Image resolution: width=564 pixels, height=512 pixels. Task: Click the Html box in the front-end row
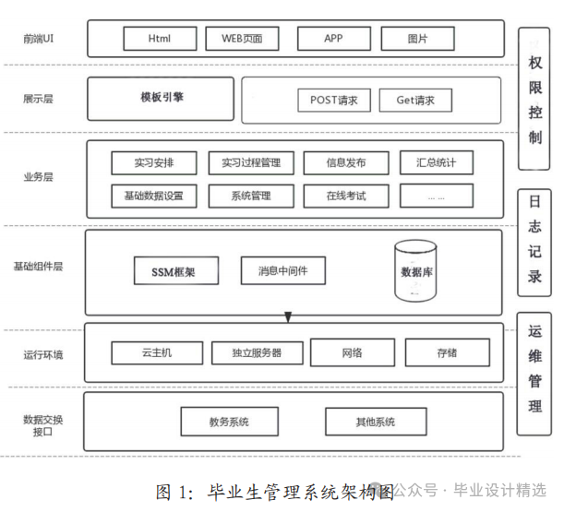pyautogui.click(x=160, y=39)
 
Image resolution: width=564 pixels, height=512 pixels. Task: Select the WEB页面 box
pyautogui.click(x=242, y=39)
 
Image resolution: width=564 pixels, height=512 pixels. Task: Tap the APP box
pyautogui.click(x=333, y=39)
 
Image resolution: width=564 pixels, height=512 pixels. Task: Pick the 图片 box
pyautogui.click(x=417, y=39)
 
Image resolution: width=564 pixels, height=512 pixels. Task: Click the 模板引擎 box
pyautogui.click(x=162, y=97)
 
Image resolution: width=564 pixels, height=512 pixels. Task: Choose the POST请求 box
pyautogui.click(x=334, y=100)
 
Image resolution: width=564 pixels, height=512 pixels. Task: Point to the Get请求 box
pyautogui.click(x=415, y=100)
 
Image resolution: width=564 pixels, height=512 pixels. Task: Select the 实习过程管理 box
pyautogui.click(x=251, y=163)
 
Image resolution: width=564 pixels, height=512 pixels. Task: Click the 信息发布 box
pyautogui.click(x=346, y=163)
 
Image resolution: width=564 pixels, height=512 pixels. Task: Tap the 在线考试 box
pyautogui.click(x=346, y=196)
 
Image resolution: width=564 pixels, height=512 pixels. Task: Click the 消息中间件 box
pyautogui.click(x=282, y=270)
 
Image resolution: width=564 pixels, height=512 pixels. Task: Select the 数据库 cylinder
pyautogui.click(x=414, y=272)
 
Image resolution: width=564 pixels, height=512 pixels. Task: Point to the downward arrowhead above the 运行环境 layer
pyautogui.click(x=288, y=318)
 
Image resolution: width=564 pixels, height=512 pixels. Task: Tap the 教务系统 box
pyautogui.click(x=229, y=422)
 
